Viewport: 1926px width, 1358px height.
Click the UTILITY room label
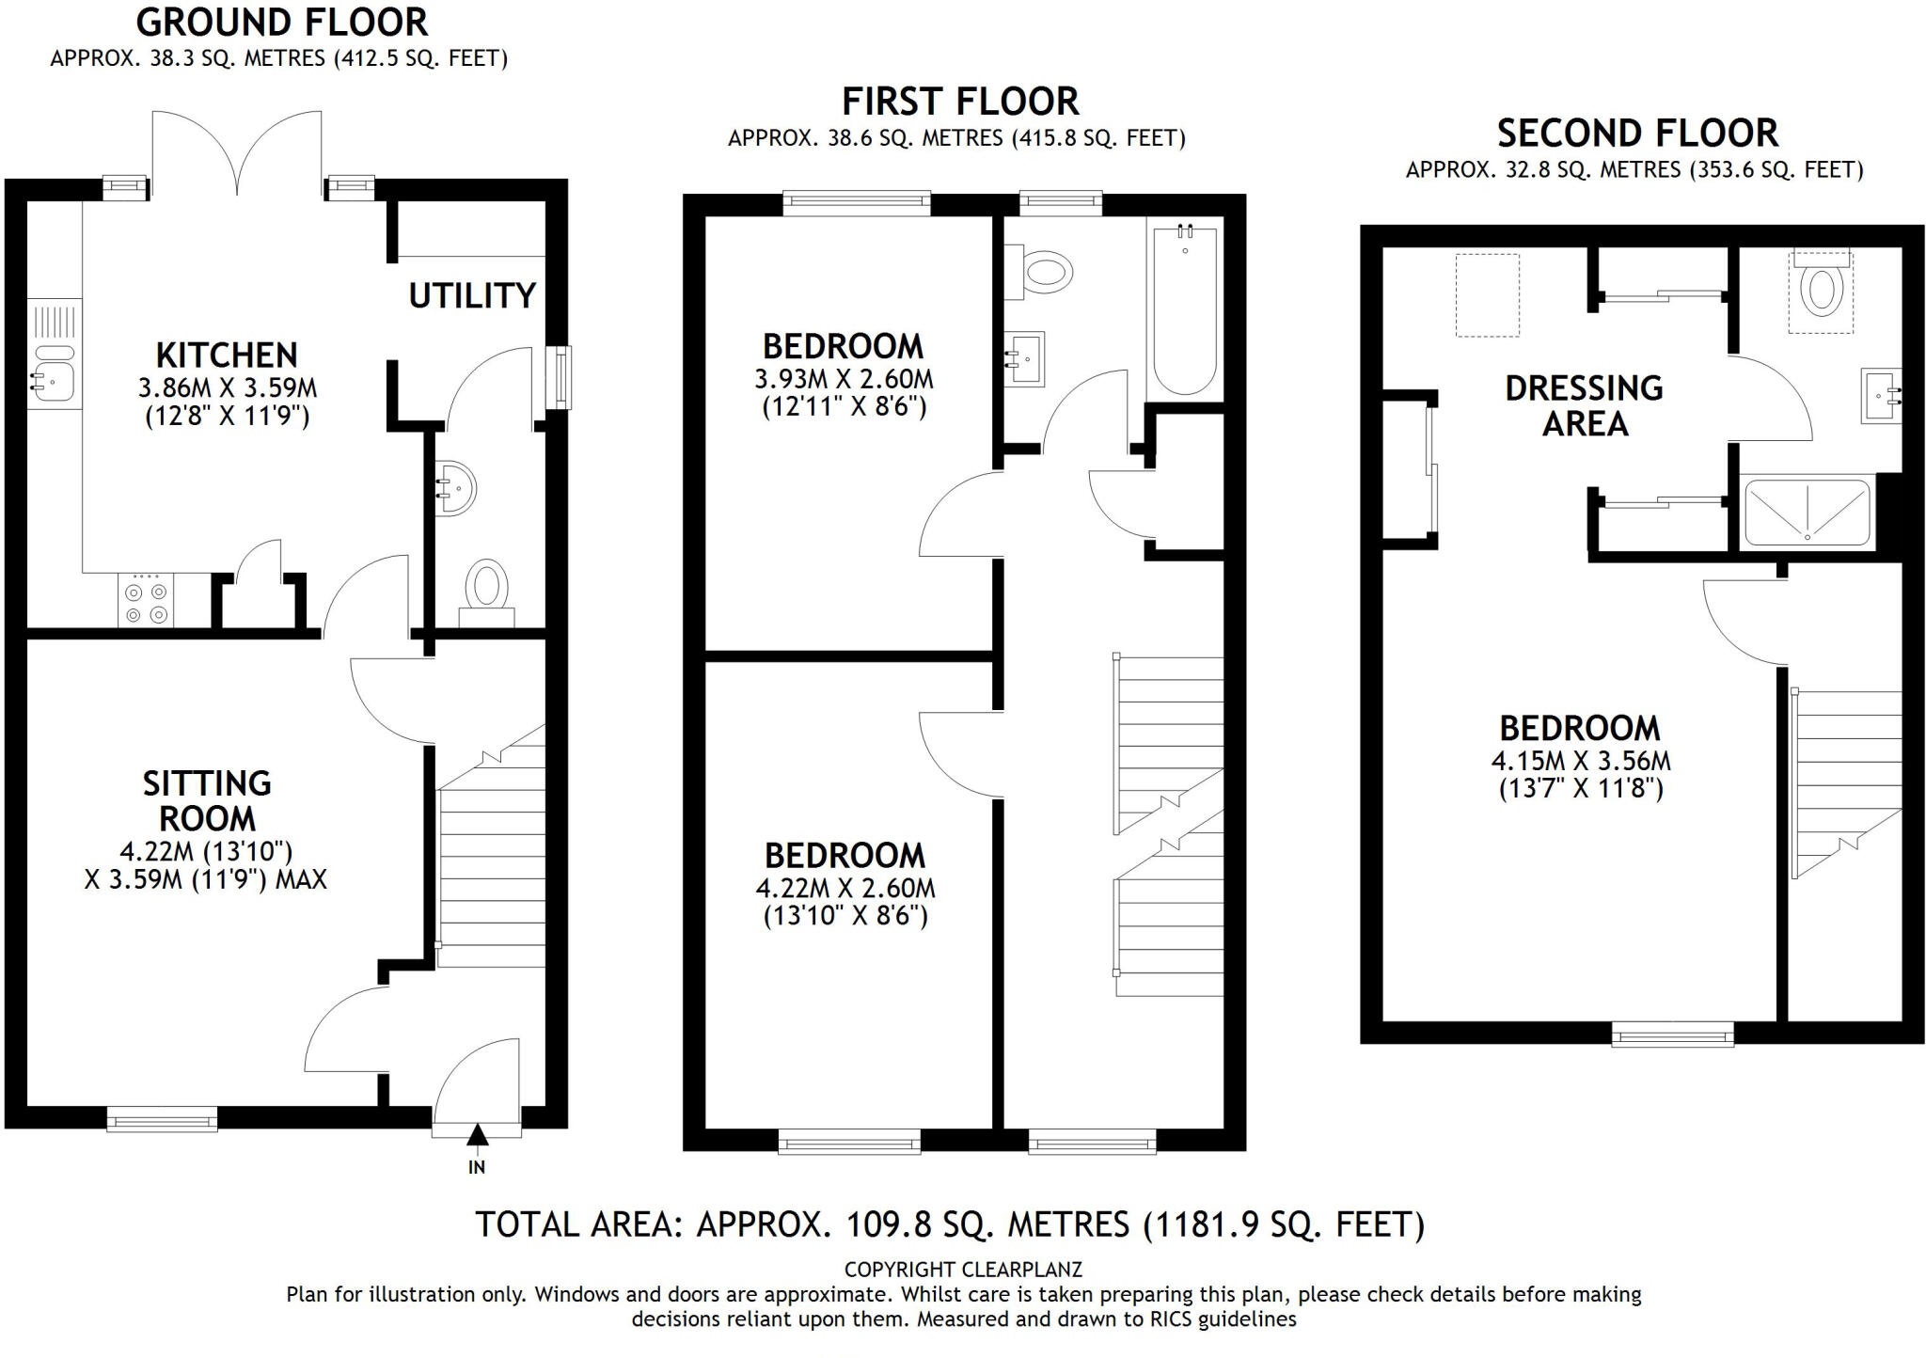[472, 296]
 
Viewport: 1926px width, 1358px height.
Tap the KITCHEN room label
[227, 355]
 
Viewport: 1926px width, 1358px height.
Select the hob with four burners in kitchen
[146, 601]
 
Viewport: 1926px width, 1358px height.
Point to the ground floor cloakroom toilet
[486, 590]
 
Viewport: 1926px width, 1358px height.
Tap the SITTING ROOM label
[207, 800]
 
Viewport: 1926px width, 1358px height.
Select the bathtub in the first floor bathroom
[1184, 310]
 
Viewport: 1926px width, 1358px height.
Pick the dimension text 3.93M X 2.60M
[844, 380]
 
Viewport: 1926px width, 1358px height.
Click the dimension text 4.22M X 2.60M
[845, 889]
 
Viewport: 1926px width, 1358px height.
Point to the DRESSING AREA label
[1584, 405]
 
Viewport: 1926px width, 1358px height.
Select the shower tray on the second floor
[1808, 513]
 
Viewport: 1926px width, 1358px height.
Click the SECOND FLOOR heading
[1637, 134]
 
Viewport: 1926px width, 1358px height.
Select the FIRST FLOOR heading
[959, 102]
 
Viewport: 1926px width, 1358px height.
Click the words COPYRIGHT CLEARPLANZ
[963, 1270]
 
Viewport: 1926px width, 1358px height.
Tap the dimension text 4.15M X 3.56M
[1581, 761]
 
